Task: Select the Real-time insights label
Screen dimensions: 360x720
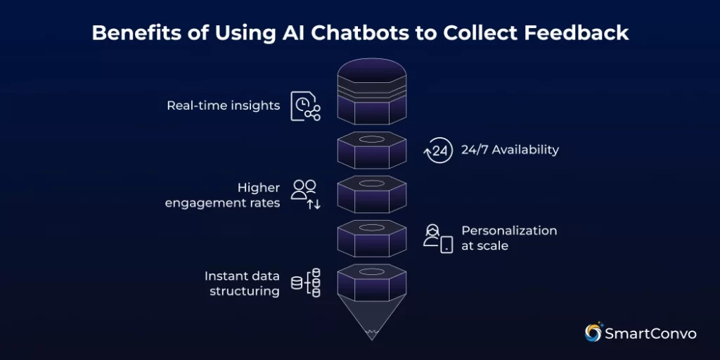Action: [223, 105]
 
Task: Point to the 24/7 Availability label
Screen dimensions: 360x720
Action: [510, 149]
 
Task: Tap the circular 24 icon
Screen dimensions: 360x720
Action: [438, 150]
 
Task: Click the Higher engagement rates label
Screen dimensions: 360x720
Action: [222, 195]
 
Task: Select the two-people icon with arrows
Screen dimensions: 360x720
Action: [306, 194]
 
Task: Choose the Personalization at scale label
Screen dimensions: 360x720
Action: [508, 238]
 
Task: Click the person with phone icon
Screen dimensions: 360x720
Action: [437, 238]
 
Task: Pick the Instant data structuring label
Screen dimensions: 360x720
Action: [241, 283]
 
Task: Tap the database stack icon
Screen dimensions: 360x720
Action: [306, 283]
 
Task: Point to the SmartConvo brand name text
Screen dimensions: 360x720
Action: [650, 333]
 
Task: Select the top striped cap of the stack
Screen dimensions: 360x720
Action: [373, 77]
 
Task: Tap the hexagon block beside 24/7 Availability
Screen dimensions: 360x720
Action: [373, 150]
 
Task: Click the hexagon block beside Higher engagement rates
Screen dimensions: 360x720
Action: [373, 194]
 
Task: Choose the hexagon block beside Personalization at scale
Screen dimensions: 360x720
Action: [373, 238]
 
